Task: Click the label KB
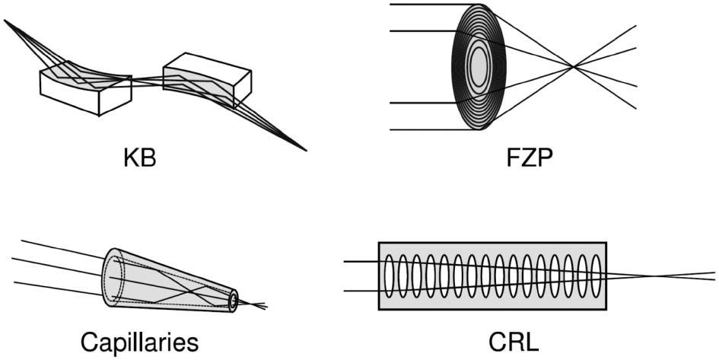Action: coord(139,160)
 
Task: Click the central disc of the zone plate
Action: coord(479,67)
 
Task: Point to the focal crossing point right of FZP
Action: coord(574,68)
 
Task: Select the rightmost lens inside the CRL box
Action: coord(596,276)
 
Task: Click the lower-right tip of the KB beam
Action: coord(305,149)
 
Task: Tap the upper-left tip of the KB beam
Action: coord(6,21)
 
